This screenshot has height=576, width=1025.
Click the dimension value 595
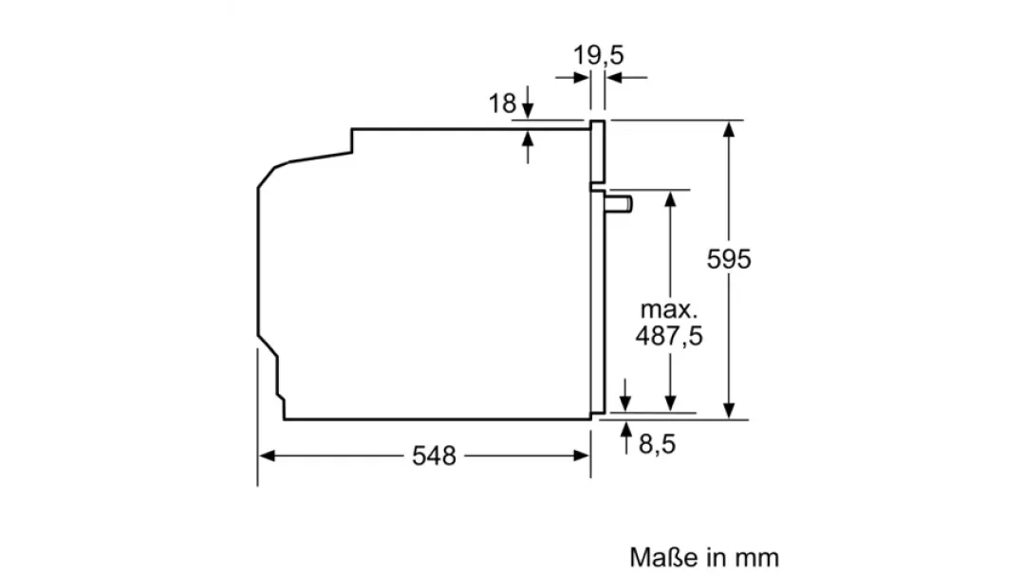coord(728,260)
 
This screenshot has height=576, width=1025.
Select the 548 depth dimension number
coord(434,455)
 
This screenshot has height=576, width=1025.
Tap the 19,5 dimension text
coord(598,56)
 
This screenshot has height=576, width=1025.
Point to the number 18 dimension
coord(502,103)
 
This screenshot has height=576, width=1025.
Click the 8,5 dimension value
coord(657,445)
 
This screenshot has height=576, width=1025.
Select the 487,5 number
coord(669,336)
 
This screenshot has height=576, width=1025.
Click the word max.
coord(669,309)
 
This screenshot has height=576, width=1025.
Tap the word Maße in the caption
coord(664,557)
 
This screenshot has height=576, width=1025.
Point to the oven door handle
coord(618,204)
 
